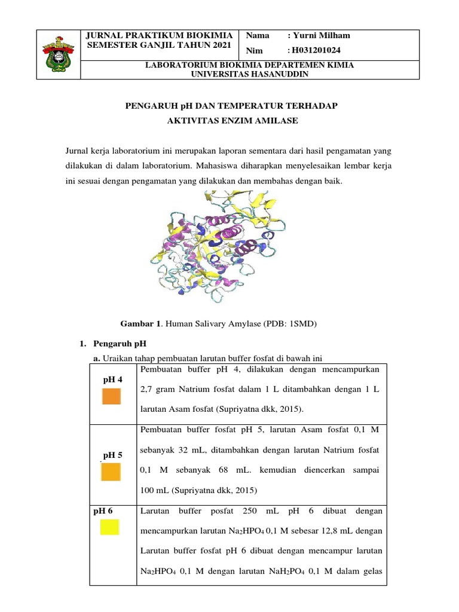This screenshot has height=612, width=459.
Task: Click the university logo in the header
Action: (58, 54)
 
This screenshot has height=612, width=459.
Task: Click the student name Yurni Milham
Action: (322, 35)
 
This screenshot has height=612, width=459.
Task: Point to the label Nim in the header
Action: (255, 51)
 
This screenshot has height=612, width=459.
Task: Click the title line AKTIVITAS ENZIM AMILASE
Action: (231, 121)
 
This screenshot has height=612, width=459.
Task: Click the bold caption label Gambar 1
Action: (141, 324)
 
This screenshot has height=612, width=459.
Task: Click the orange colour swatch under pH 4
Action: (111, 397)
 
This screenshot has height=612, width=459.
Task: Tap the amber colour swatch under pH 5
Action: (111, 472)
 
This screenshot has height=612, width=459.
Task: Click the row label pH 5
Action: (112, 455)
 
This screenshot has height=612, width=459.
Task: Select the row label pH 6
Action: (103, 511)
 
